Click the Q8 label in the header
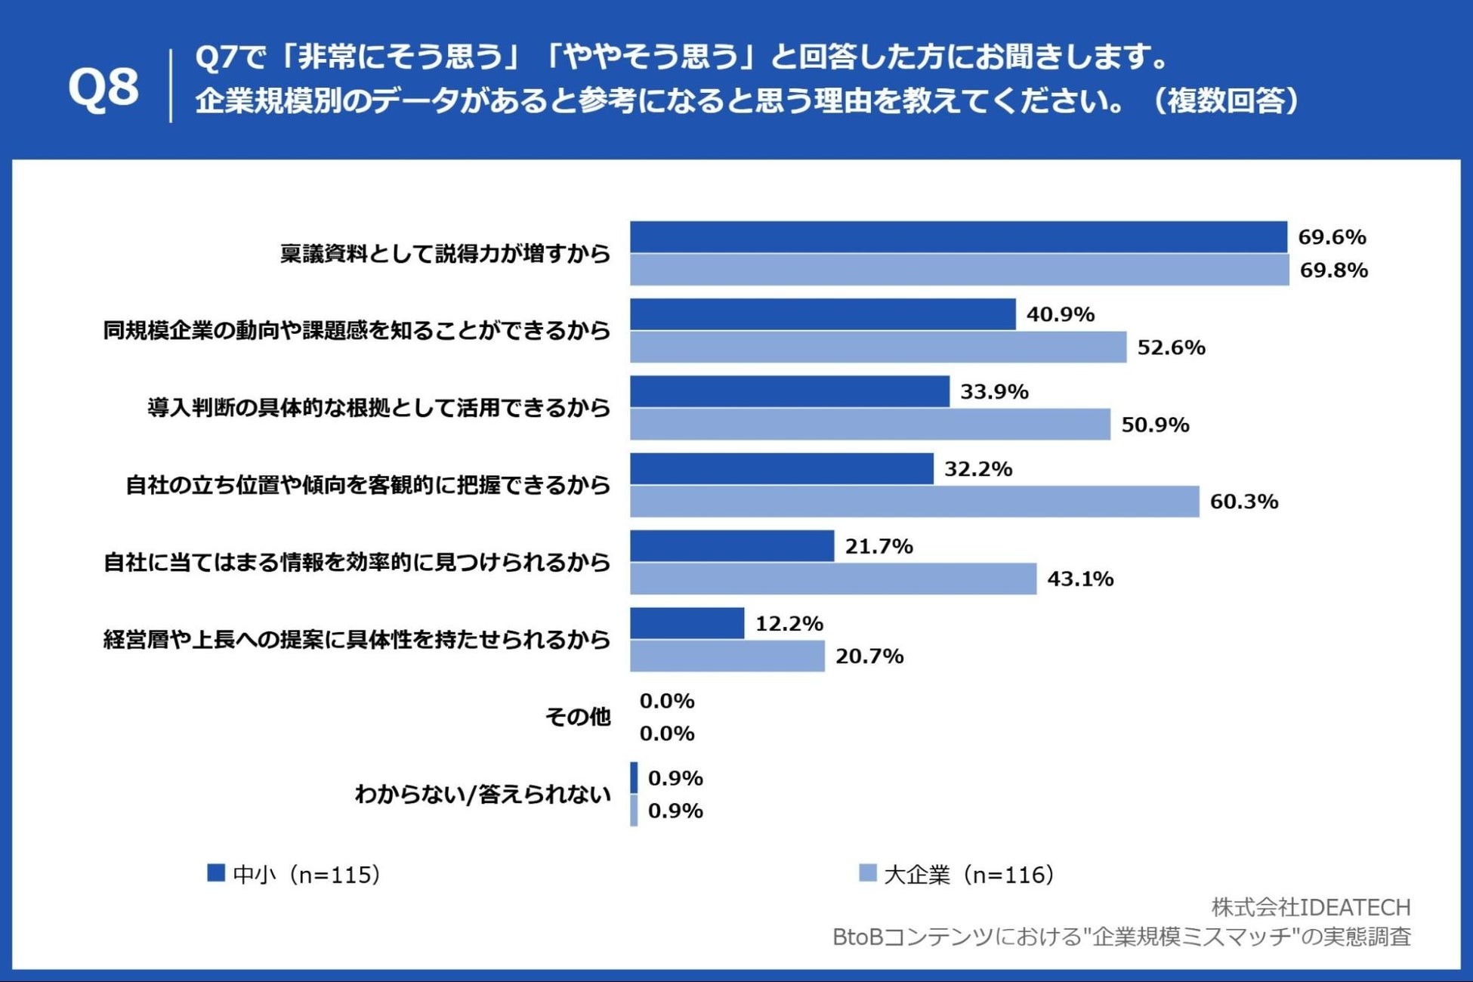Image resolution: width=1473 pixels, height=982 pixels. click(x=103, y=87)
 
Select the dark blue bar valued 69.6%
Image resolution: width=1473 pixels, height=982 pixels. click(x=958, y=236)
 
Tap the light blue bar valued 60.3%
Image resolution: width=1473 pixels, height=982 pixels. click(x=914, y=502)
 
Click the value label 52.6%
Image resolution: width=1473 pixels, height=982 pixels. click(x=1171, y=347)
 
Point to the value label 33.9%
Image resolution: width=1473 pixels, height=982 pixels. click(x=994, y=391)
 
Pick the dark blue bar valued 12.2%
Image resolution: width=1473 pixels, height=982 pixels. click(x=687, y=623)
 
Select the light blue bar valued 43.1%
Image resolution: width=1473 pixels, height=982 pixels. click(x=832, y=579)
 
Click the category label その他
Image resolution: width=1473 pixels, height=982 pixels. click(x=578, y=716)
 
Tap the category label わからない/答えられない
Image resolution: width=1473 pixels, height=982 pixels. click(x=483, y=794)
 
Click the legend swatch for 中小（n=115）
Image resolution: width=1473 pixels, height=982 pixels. click(x=216, y=873)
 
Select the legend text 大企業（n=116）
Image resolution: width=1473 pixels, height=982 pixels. click(x=968, y=875)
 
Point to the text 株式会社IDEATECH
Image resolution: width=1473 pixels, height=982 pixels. click(x=1311, y=906)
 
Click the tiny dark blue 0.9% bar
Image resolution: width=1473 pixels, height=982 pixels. click(x=634, y=777)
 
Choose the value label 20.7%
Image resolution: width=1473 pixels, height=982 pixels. click(x=869, y=656)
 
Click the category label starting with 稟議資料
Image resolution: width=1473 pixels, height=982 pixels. click(x=445, y=253)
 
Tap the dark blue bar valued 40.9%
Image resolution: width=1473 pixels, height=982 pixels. click(x=822, y=314)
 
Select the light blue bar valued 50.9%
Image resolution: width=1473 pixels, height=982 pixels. click(x=869, y=425)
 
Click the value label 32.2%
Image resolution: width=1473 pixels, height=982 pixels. click(x=977, y=469)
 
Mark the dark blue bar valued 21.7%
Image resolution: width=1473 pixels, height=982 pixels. click(x=731, y=546)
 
